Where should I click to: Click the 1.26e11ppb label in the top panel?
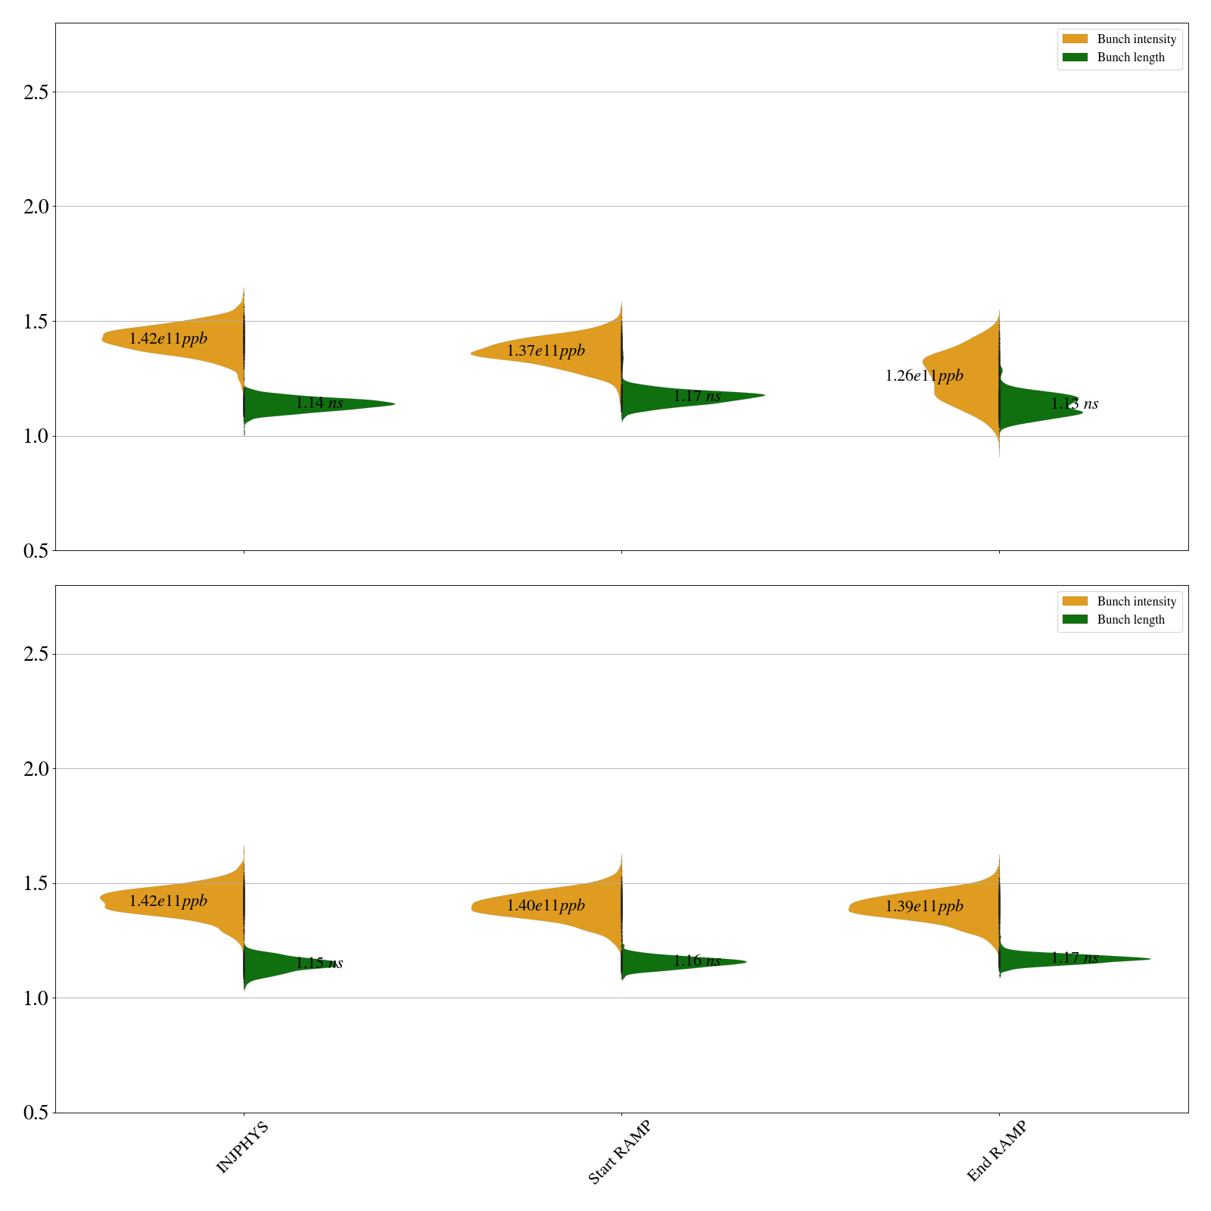pyautogui.click(x=924, y=375)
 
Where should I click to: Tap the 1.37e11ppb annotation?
pyautogui.click(x=546, y=350)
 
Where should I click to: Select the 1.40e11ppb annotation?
pyautogui.click(x=546, y=905)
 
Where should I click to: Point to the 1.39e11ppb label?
pyautogui.click(x=924, y=906)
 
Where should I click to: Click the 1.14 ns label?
pyautogui.click(x=319, y=403)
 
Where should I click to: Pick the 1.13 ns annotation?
pyautogui.click(x=1074, y=404)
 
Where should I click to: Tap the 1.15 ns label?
pyautogui.click(x=319, y=964)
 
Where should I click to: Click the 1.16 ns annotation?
pyautogui.click(x=696, y=961)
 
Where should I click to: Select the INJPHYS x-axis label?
pyautogui.click(x=242, y=1148)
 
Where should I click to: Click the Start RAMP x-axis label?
pyautogui.click(x=619, y=1152)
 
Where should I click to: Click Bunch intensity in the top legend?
pyautogui.click(x=1136, y=39)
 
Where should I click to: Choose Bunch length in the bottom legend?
pyautogui.click(x=1131, y=620)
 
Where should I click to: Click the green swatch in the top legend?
pyautogui.click(x=1075, y=58)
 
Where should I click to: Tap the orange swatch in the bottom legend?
pyautogui.click(x=1075, y=601)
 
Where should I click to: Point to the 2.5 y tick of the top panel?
pyautogui.click(x=36, y=92)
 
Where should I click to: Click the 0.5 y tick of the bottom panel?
pyautogui.click(x=36, y=1113)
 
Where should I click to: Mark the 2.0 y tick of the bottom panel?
pyautogui.click(x=36, y=769)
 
